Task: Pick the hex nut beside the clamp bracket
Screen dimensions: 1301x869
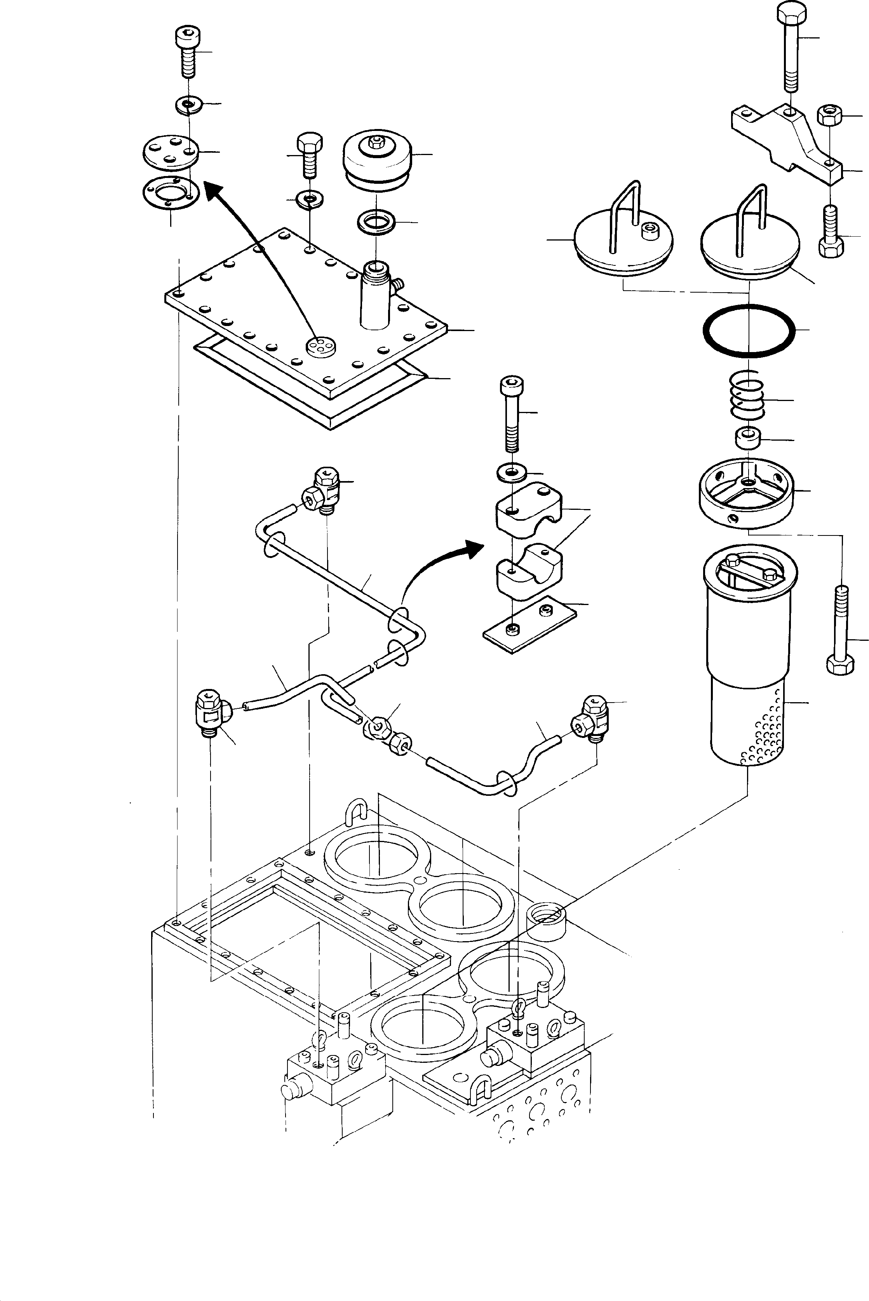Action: tap(829, 116)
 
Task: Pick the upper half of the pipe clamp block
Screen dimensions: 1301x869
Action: tap(521, 509)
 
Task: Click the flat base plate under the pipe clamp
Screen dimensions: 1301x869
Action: tap(529, 623)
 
